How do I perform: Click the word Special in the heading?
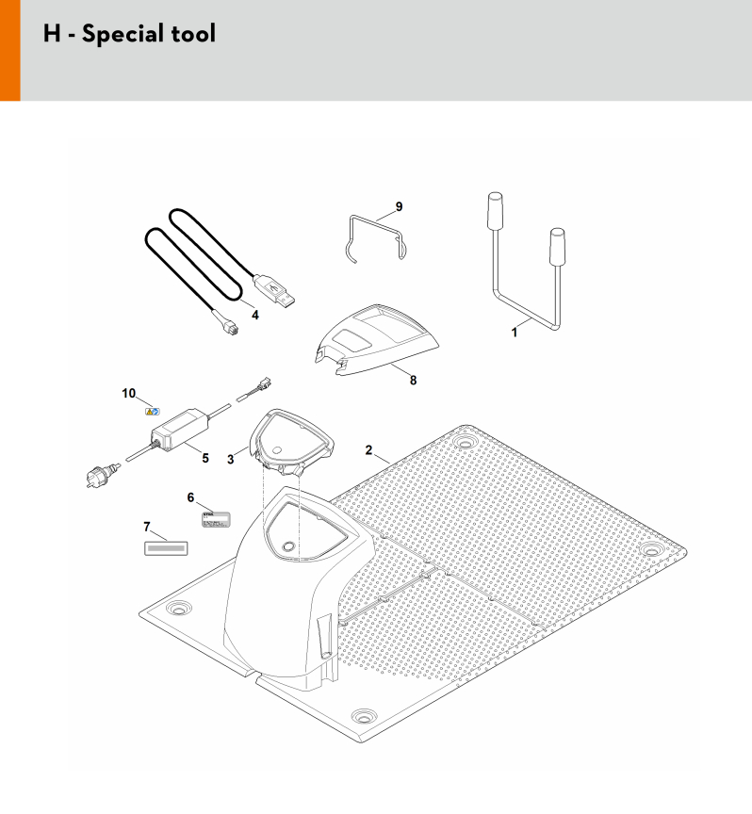[123, 34]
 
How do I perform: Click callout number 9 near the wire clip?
[399, 206]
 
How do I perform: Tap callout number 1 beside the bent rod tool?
[515, 333]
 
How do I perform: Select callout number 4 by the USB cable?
[255, 315]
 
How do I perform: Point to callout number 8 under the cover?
[413, 381]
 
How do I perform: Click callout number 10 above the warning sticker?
[129, 394]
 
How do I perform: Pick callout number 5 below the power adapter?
[205, 459]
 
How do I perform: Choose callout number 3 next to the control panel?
[231, 460]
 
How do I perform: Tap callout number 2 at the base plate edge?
[368, 450]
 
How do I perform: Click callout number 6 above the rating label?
[190, 497]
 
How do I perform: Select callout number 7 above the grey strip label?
[147, 527]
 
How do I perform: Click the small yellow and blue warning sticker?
[152, 412]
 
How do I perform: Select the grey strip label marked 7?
[166, 548]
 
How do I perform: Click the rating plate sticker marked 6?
[216, 519]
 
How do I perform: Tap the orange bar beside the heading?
[9, 50]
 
